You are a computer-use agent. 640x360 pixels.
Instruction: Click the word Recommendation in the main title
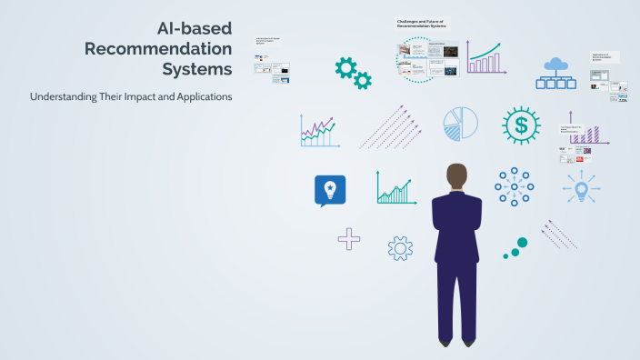(x=158, y=48)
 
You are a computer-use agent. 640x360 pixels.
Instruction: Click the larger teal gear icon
(x=345, y=66)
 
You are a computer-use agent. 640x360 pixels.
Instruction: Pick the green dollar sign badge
(x=521, y=125)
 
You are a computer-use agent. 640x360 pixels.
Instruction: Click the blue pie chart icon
(x=460, y=125)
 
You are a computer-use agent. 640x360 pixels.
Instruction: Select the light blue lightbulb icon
(x=581, y=189)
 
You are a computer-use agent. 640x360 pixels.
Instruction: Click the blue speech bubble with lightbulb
(x=330, y=190)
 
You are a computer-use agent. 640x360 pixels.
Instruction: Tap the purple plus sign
(x=348, y=239)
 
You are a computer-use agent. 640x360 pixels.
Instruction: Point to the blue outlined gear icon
(x=400, y=247)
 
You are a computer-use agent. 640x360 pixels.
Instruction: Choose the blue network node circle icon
(x=514, y=186)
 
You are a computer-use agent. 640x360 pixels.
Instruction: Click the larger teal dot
(x=521, y=243)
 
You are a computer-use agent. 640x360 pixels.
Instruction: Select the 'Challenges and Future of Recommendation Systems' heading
(x=422, y=23)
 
